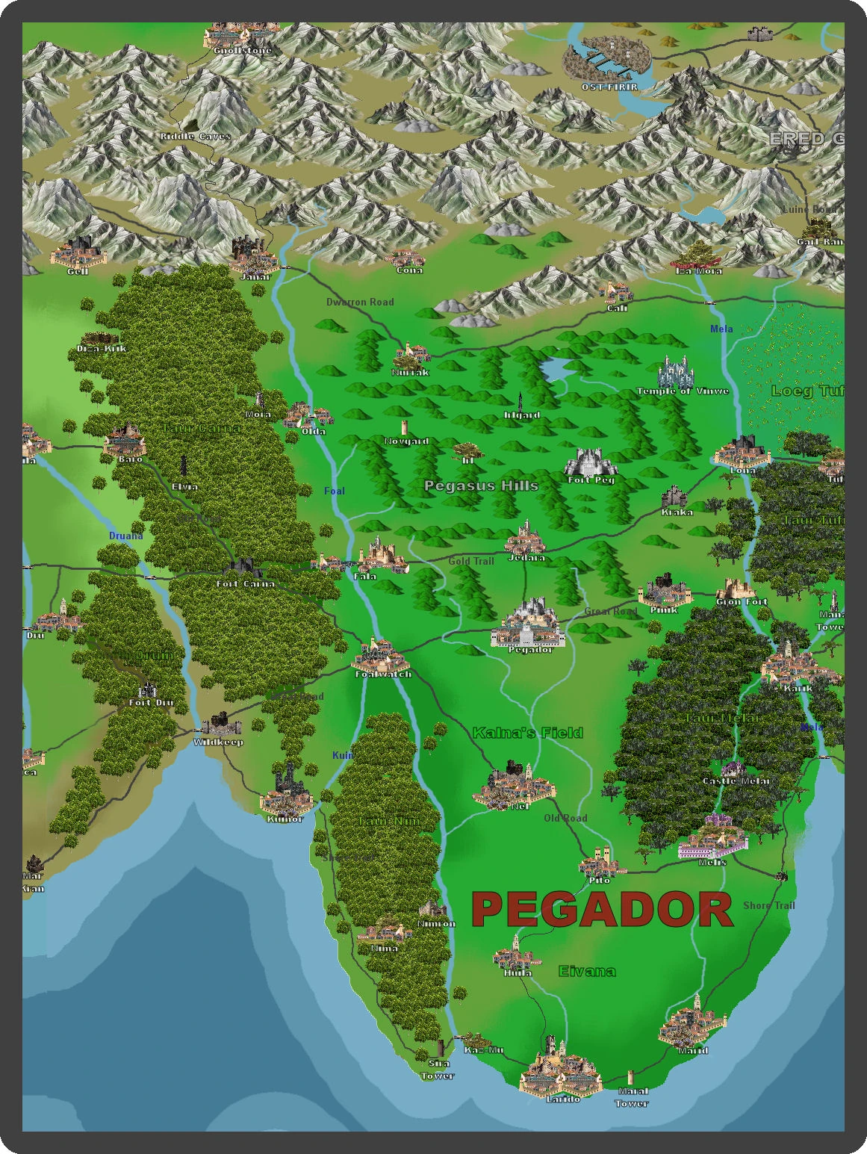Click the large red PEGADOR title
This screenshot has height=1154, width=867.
point(602,910)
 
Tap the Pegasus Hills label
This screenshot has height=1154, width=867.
point(481,486)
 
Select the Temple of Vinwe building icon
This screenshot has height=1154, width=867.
point(674,371)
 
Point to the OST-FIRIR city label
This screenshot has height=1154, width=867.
point(609,87)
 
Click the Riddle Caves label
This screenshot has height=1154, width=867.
point(195,137)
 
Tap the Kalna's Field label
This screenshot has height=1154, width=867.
point(527,733)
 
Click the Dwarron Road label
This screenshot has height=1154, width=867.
point(360,303)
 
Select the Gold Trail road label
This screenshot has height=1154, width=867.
point(471,561)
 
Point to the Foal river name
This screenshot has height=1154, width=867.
point(335,491)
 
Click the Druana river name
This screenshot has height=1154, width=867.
point(125,536)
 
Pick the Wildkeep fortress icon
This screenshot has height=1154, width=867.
point(220,724)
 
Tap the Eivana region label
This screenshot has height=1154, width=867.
point(587,971)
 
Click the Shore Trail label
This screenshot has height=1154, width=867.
point(768,905)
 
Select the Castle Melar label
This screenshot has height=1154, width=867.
point(736,781)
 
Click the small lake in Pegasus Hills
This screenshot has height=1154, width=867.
point(555,368)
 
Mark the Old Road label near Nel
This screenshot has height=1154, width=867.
point(565,818)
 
